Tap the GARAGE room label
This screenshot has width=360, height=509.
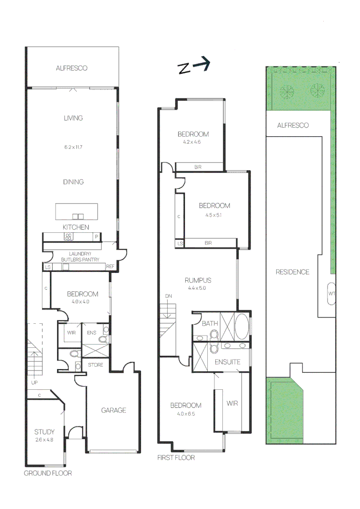114,410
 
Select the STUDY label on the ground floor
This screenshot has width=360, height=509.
44,431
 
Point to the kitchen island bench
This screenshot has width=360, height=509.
77,211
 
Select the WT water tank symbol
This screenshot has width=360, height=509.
331,294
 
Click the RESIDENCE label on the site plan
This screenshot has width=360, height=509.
292,272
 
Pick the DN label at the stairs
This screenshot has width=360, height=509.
169,296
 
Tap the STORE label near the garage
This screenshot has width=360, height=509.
96,364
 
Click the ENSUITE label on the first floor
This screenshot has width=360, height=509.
228,362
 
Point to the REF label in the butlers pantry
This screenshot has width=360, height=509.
110,267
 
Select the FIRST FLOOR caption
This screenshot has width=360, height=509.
176,458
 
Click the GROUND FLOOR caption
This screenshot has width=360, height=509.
48,473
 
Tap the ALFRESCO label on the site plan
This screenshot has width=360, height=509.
293,125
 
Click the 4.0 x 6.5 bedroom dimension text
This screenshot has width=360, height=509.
186,414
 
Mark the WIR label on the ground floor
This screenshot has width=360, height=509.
72,333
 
